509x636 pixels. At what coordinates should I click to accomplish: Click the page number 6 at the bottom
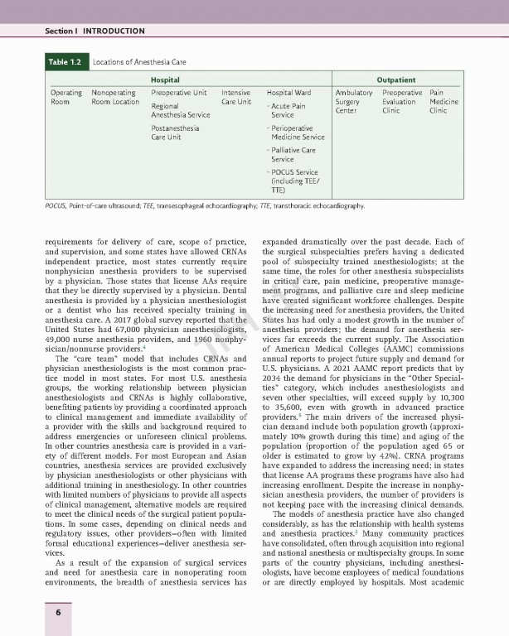(58, 612)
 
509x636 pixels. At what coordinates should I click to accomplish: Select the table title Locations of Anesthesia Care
(138, 61)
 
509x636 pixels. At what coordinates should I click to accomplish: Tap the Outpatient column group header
(395, 80)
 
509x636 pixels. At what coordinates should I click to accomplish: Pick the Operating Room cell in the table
(66, 98)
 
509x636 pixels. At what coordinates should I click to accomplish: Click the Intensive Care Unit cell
(236, 98)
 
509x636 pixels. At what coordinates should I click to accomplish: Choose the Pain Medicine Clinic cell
(444, 102)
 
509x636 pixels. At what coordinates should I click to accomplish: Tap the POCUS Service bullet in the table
(294, 181)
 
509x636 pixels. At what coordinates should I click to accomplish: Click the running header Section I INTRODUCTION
(95, 31)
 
